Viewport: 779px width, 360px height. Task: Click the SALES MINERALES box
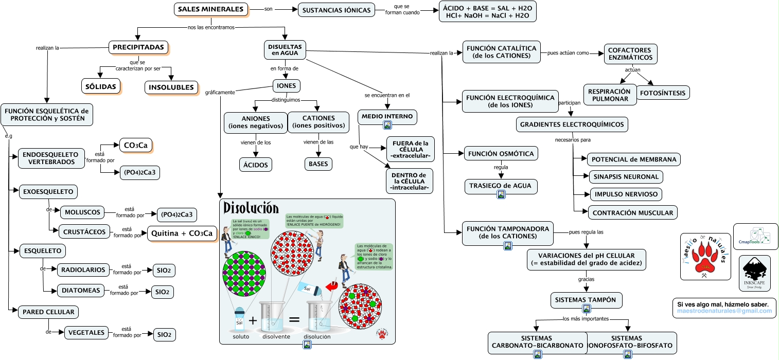(210, 9)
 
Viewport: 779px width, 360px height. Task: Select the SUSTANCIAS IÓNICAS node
(337, 10)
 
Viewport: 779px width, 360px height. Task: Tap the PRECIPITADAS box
(138, 47)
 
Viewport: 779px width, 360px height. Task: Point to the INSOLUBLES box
(171, 87)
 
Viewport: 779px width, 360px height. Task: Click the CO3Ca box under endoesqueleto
(135, 146)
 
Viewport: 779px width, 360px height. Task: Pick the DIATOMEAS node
(81, 291)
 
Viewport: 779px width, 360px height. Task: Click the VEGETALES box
(87, 333)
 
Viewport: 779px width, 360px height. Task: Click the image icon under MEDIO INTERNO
(387, 125)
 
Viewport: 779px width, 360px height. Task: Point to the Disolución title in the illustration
(251, 208)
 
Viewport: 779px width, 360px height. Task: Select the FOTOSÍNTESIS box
(663, 93)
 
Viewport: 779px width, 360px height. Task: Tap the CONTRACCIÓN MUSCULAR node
(632, 212)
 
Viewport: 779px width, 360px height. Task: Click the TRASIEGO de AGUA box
(501, 186)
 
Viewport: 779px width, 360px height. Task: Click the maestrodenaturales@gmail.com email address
(724, 311)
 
